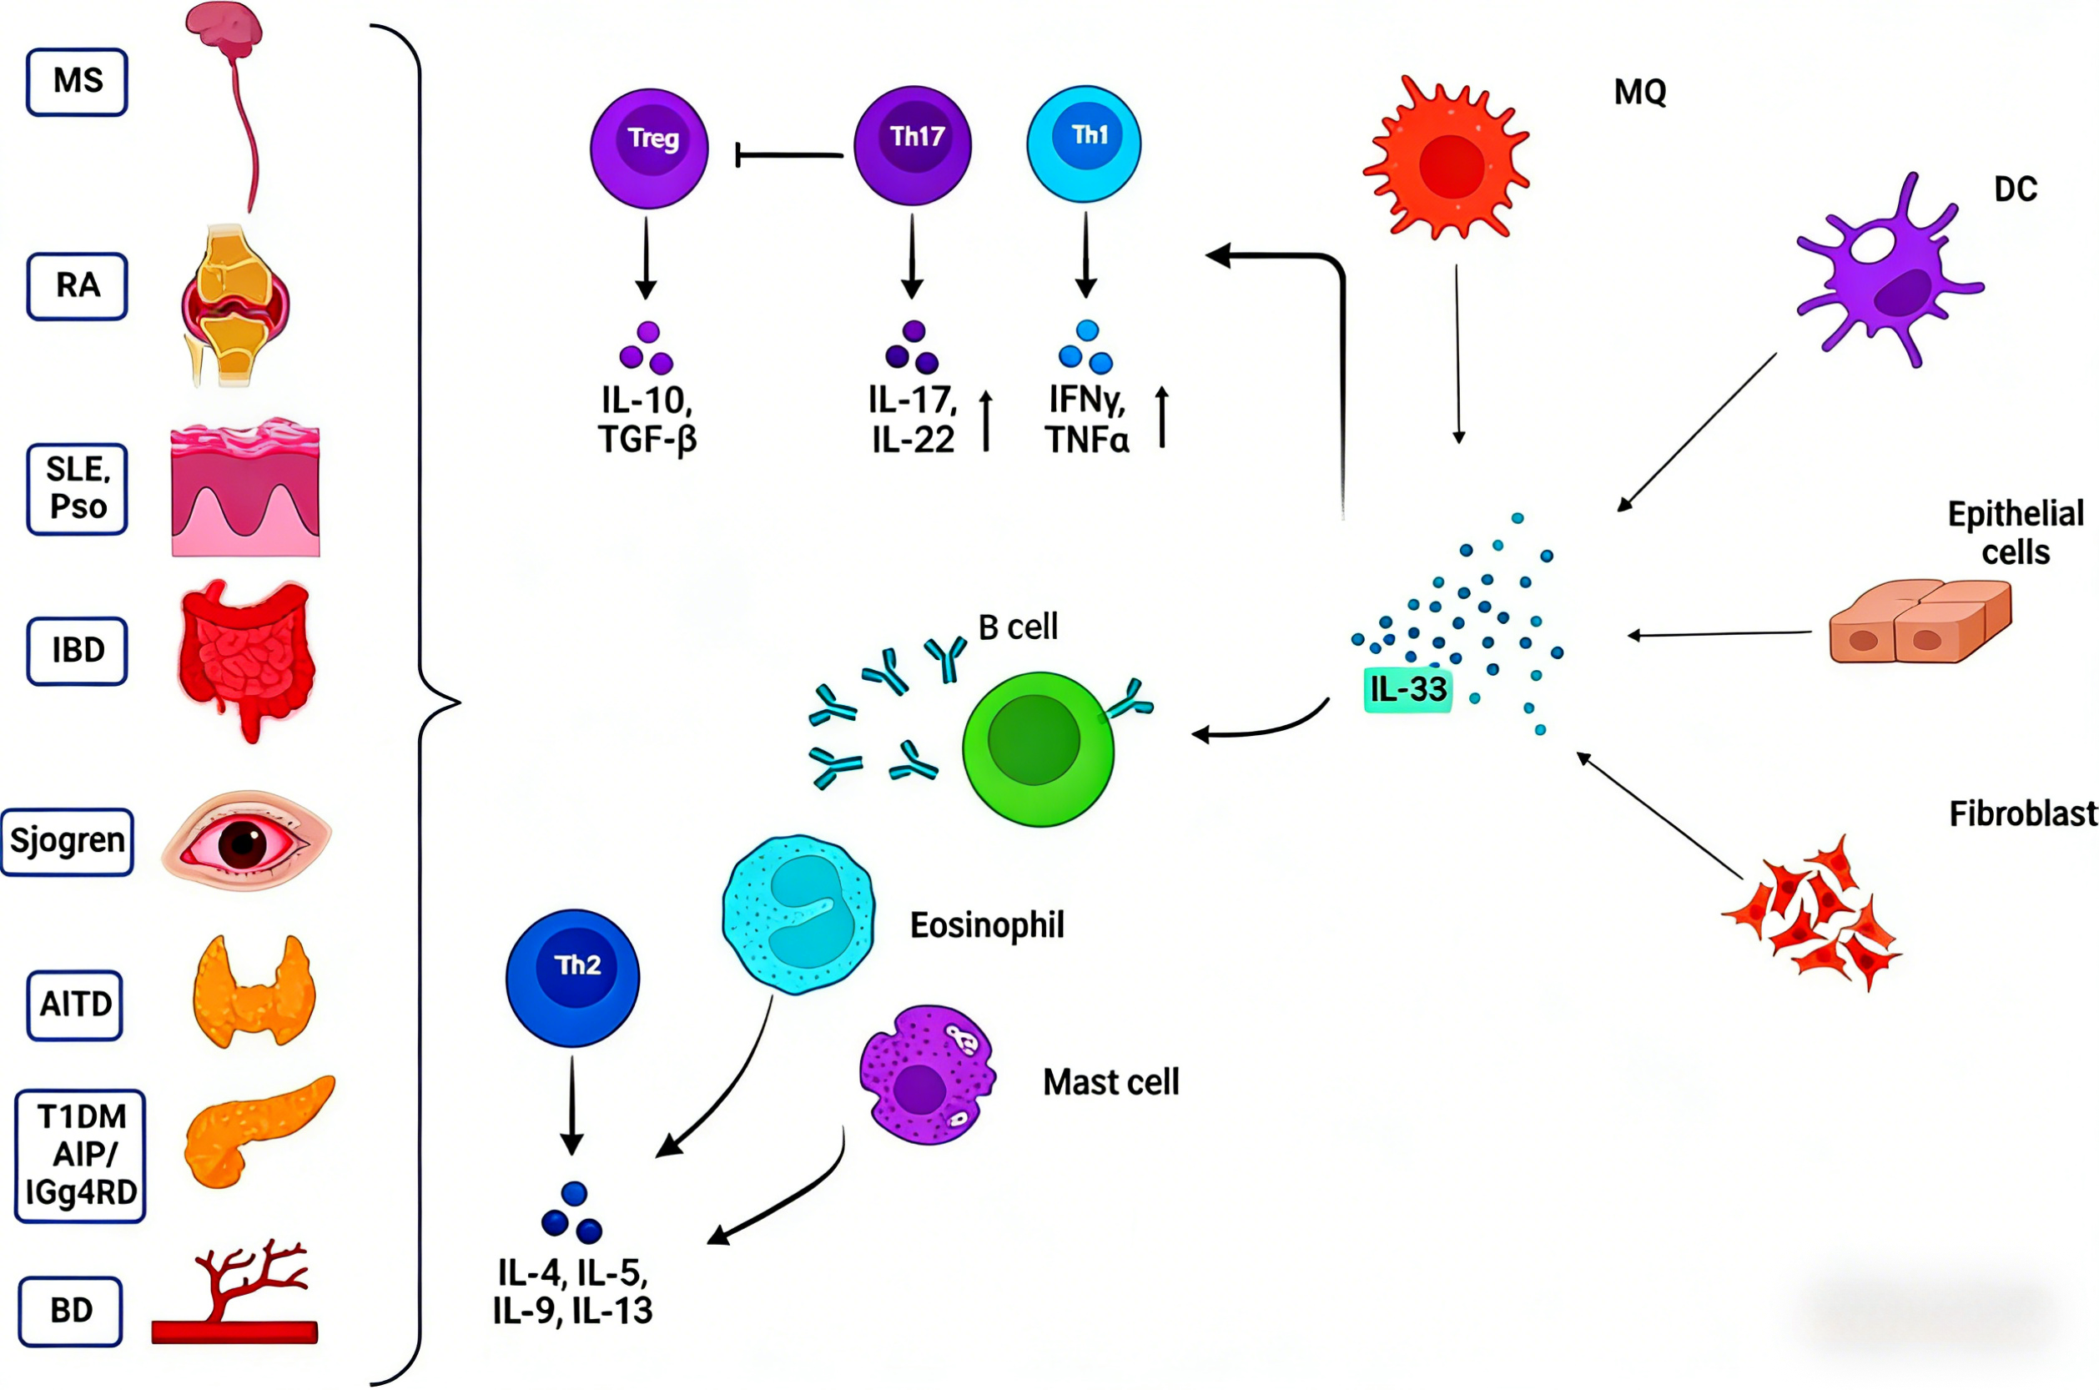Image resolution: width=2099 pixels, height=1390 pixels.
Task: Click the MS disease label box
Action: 77,82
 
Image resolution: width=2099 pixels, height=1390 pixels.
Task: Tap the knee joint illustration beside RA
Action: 235,306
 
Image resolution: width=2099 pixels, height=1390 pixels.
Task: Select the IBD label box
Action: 77,651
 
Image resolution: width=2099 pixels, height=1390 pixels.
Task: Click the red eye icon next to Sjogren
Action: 245,840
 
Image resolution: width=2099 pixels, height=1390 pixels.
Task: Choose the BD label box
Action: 71,1310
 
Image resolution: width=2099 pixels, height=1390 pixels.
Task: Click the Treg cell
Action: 649,148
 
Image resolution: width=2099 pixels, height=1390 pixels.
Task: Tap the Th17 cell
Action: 912,146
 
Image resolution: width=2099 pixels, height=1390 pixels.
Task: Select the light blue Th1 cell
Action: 1083,144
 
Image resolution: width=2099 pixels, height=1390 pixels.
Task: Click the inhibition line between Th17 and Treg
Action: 789,156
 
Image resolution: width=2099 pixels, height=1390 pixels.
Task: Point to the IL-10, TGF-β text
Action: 647,421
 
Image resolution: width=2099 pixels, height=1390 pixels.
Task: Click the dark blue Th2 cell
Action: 572,977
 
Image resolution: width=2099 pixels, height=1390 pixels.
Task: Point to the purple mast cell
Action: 927,1075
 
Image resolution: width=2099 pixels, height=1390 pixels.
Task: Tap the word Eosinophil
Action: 987,925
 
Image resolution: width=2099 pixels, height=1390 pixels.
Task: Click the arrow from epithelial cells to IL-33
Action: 1719,634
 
